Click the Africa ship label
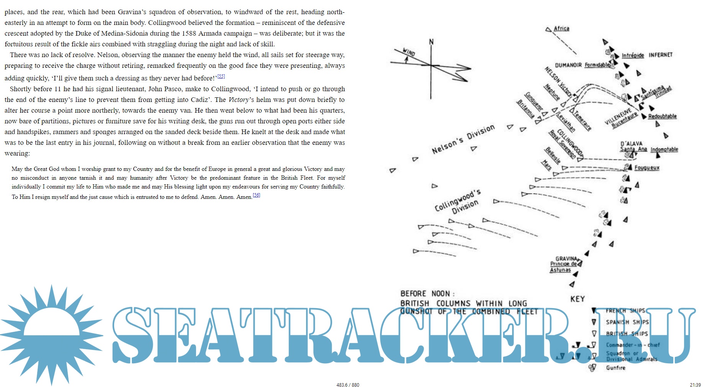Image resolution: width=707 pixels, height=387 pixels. click(x=561, y=29)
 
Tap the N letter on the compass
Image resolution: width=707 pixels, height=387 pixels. click(x=431, y=42)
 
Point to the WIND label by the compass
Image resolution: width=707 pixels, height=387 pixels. click(x=409, y=52)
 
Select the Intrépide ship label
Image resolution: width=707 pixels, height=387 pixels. click(x=633, y=56)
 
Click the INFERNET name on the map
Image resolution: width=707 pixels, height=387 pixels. click(x=660, y=55)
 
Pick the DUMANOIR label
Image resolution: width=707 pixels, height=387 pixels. click(x=568, y=66)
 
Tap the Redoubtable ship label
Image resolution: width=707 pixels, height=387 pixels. click(x=662, y=116)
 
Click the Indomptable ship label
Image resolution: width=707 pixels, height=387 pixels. click(x=664, y=149)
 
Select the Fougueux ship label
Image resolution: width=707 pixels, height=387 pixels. click(x=647, y=168)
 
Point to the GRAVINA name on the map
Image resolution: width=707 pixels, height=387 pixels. click(x=566, y=259)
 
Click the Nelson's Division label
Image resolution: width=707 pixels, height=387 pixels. click(x=463, y=139)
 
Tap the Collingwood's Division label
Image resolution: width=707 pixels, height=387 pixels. click(x=458, y=202)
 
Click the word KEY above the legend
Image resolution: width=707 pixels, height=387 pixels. click(x=578, y=299)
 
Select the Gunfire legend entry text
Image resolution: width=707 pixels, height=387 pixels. click(x=615, y=368)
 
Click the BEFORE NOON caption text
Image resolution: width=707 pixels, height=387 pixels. click(x=427, y=294)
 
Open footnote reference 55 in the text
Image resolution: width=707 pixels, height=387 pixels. click(x=221, y=76)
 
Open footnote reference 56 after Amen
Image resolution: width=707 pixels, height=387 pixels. click(x=256, y=195)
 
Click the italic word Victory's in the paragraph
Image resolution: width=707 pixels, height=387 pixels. click(x=241, y=100)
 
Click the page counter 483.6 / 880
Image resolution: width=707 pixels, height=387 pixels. click(x=348, y=385)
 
